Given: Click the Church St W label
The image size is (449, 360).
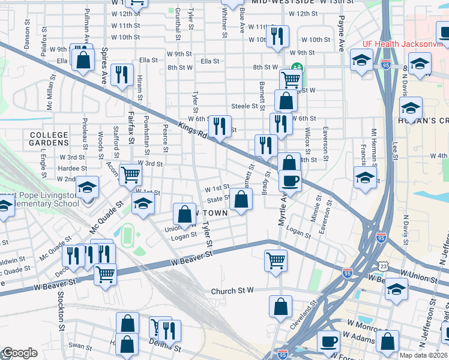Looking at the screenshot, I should [x=233, y=291].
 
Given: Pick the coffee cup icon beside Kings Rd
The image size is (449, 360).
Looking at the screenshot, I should [x=291, y=181].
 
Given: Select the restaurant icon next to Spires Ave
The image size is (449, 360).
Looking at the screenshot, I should [x=122, y=74].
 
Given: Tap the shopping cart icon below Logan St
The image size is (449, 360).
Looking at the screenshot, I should [x=276, y=259].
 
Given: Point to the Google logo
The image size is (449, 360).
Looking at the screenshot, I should [x=20, y=353].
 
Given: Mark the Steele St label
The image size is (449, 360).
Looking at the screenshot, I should [x=244, y=106].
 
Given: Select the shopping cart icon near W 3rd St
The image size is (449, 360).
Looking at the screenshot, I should [x=130, y=175].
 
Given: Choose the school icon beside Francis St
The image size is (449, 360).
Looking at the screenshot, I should [x=365, y=178].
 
